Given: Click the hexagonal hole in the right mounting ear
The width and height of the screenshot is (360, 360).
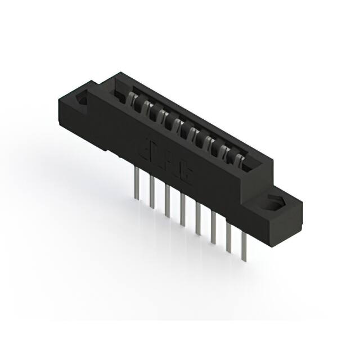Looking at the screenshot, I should [276, 203].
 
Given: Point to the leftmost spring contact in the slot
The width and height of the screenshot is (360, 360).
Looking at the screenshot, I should [135, 101].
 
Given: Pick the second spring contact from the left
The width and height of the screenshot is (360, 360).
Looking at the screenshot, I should [149, 109].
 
